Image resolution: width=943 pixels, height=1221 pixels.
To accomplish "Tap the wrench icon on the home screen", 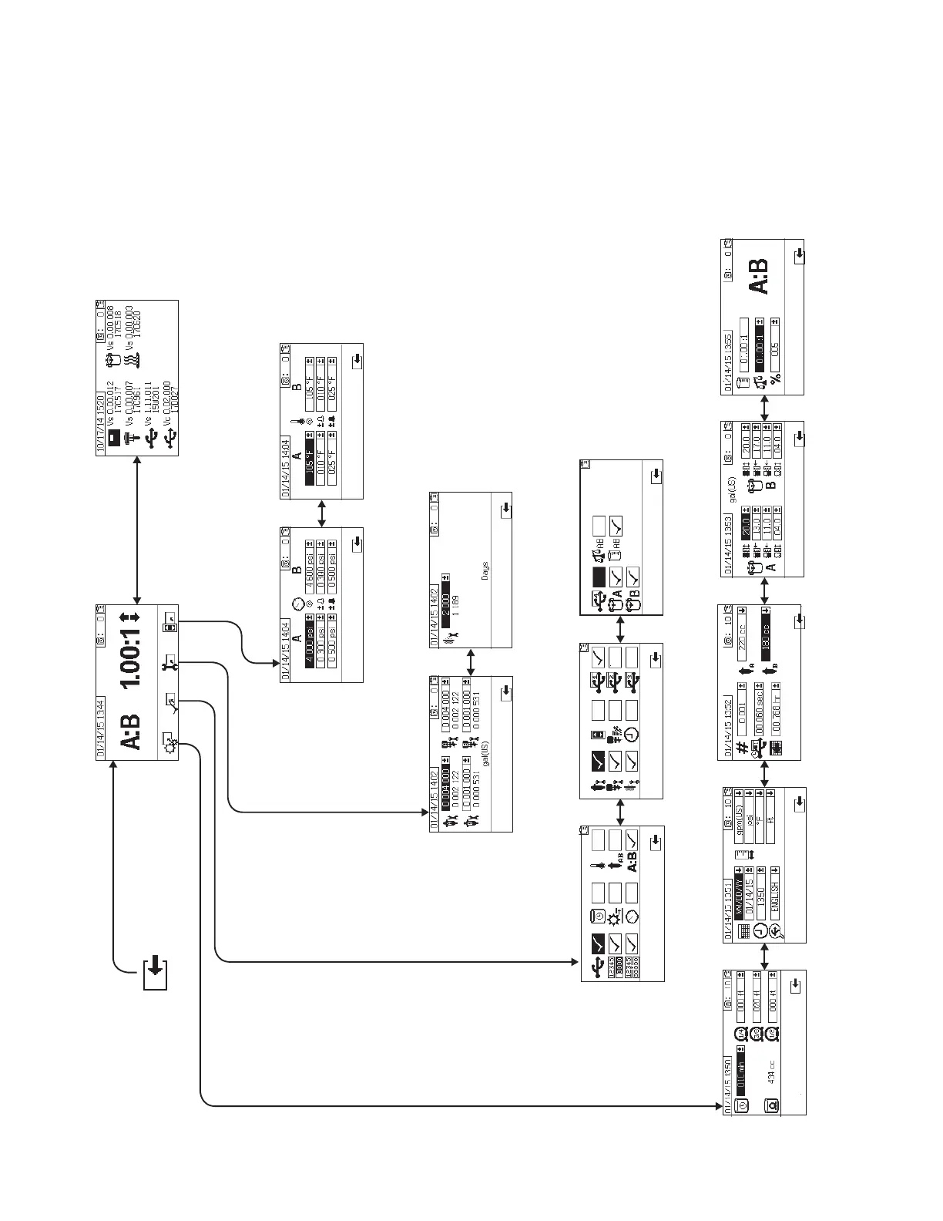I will [x=168, y=663].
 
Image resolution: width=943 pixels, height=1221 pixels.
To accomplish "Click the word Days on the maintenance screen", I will [x=483, y=570].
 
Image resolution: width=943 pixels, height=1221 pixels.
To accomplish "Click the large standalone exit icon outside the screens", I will [x=155, y=974].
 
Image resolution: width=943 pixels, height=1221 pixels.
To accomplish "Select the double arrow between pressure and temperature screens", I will [x=322, y=513].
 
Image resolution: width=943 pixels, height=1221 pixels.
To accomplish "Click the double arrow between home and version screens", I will [x=137, y=530].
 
